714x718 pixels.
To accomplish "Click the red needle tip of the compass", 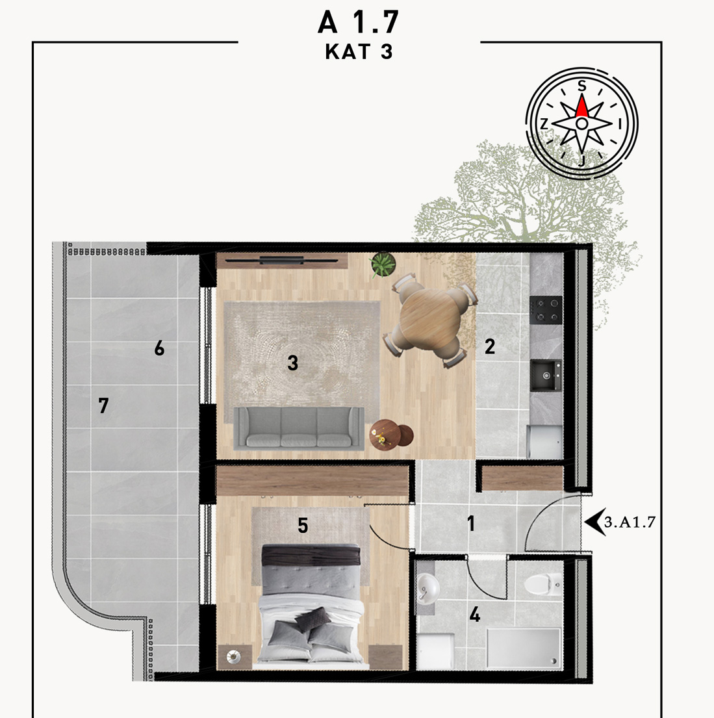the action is (x=581, y=96).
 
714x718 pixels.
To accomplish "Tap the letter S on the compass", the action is (x=581, y=86).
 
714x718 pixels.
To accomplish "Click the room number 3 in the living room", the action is (x=292, y=363).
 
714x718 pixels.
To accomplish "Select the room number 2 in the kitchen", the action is (x=490, y=346).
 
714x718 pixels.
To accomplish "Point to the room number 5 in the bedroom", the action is (x=303, y=526).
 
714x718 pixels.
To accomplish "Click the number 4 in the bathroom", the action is (x=475, y=615).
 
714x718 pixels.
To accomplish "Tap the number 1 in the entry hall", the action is (x=471, y=523).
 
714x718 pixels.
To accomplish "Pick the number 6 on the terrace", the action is (x=159, y=348).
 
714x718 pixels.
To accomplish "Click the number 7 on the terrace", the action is (x=103, y=405).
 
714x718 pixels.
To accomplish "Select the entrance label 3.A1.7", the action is (x=630, y=522).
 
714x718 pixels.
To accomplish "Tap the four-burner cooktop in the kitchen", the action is (x=546, y=310).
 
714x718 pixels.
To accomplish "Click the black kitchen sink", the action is (x=546, y=376).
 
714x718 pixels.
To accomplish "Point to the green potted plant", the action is (x=383, y=264).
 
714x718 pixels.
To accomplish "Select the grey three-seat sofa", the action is (x=299, y=428).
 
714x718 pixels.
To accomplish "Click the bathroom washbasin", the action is (x=427, y=587).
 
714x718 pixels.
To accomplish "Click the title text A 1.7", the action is (x=358, y=22).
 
